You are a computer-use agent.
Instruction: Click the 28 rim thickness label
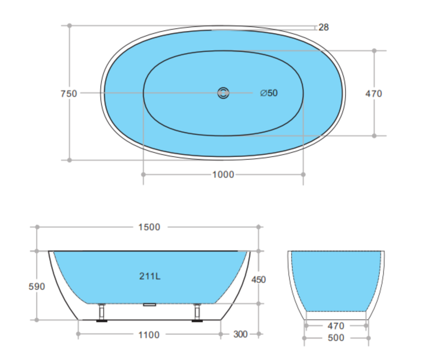pos(323,27)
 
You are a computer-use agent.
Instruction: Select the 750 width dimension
pos(69,94)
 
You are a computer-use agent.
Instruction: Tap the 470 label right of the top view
pos(374,94)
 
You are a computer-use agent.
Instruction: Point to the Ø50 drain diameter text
pos(269,93)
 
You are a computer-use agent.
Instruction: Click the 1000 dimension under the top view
pos(223,175)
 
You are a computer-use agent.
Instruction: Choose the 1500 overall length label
pos(149,227)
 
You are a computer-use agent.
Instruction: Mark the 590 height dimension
pos(37,287)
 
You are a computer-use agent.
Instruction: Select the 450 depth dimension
pos(259,279)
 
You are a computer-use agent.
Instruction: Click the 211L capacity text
pos(150,277)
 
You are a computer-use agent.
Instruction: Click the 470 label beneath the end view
pos(336,326)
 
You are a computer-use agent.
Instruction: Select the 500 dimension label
pos(336,338)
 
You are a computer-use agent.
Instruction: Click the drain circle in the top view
pos(223,93)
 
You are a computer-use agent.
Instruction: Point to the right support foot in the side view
pos(198,313)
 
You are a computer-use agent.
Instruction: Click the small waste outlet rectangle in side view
pos(150,304)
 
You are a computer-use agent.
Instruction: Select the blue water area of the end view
pos(336,279)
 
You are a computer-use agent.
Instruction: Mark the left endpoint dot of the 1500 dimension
pos(37,227)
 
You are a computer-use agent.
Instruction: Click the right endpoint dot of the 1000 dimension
pos(303,175)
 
